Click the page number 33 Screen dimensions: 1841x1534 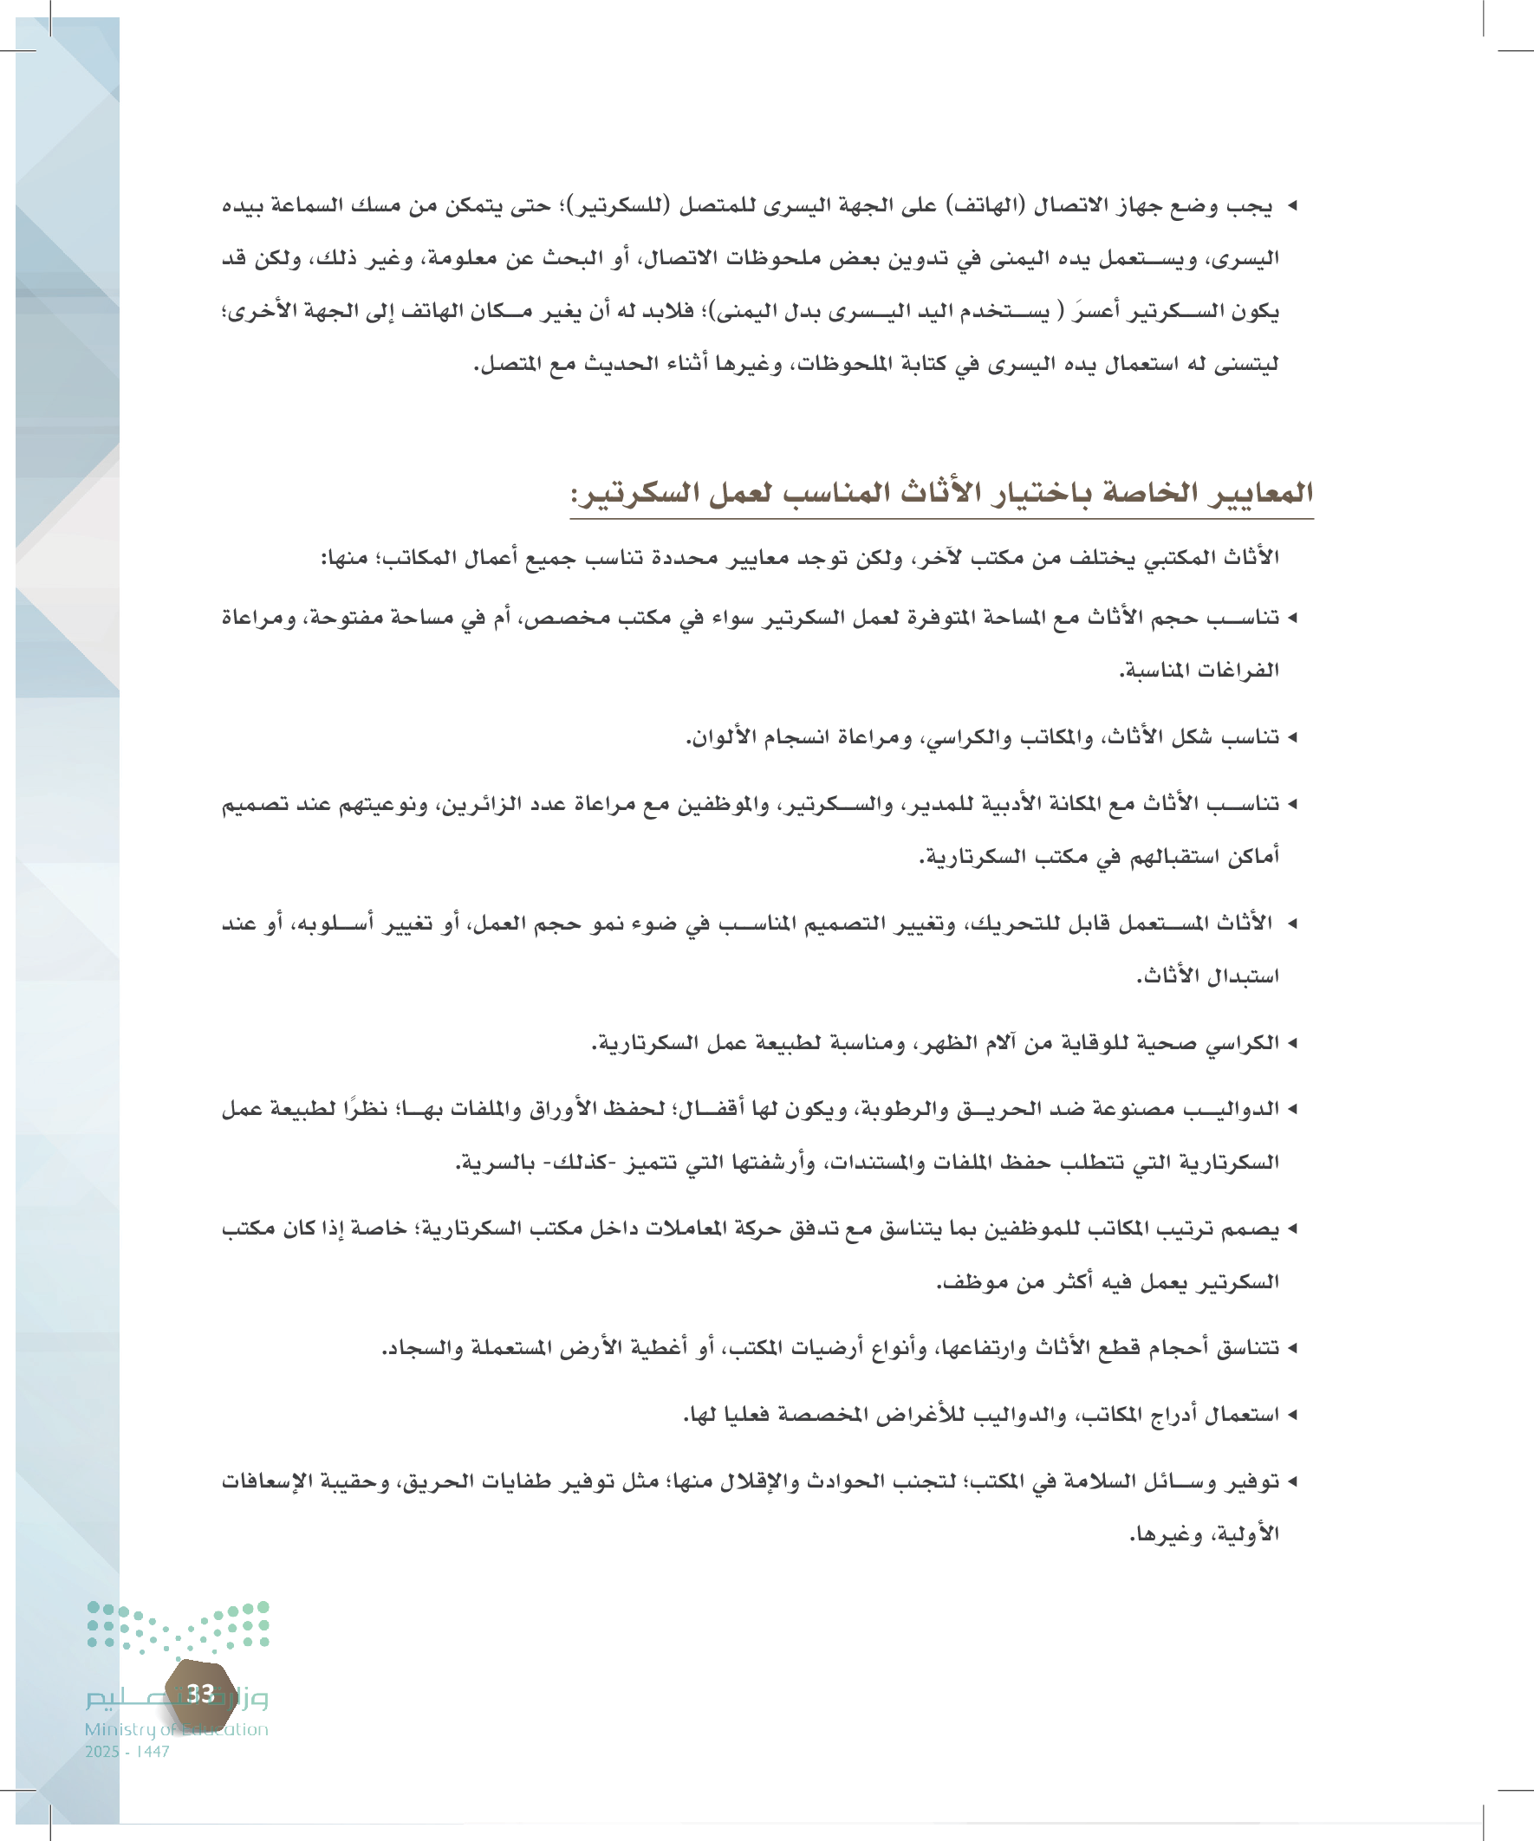point(201,1694)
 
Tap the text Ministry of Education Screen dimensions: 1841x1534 point(176,1729)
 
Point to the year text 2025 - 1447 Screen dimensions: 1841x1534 point(127,1752)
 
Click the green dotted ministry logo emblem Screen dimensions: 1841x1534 point(178,1629)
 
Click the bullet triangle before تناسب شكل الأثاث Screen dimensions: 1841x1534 point(1291,738)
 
